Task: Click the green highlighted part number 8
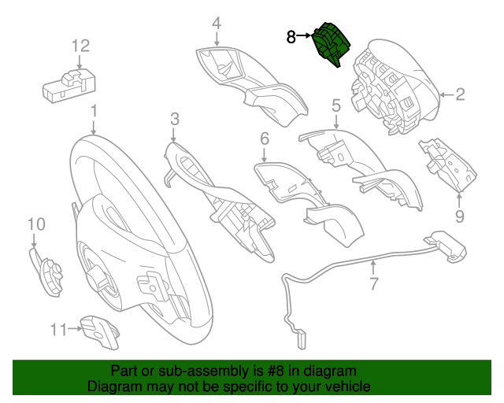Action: coord(330,44)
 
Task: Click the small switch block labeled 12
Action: coord(69,85)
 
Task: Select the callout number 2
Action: coord(460,95)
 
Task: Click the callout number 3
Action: coord(174,119)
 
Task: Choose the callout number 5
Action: coord(335,105)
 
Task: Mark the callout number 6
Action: coord(265,139)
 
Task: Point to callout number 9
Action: coord(459,215)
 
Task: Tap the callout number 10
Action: coord(36,225)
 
